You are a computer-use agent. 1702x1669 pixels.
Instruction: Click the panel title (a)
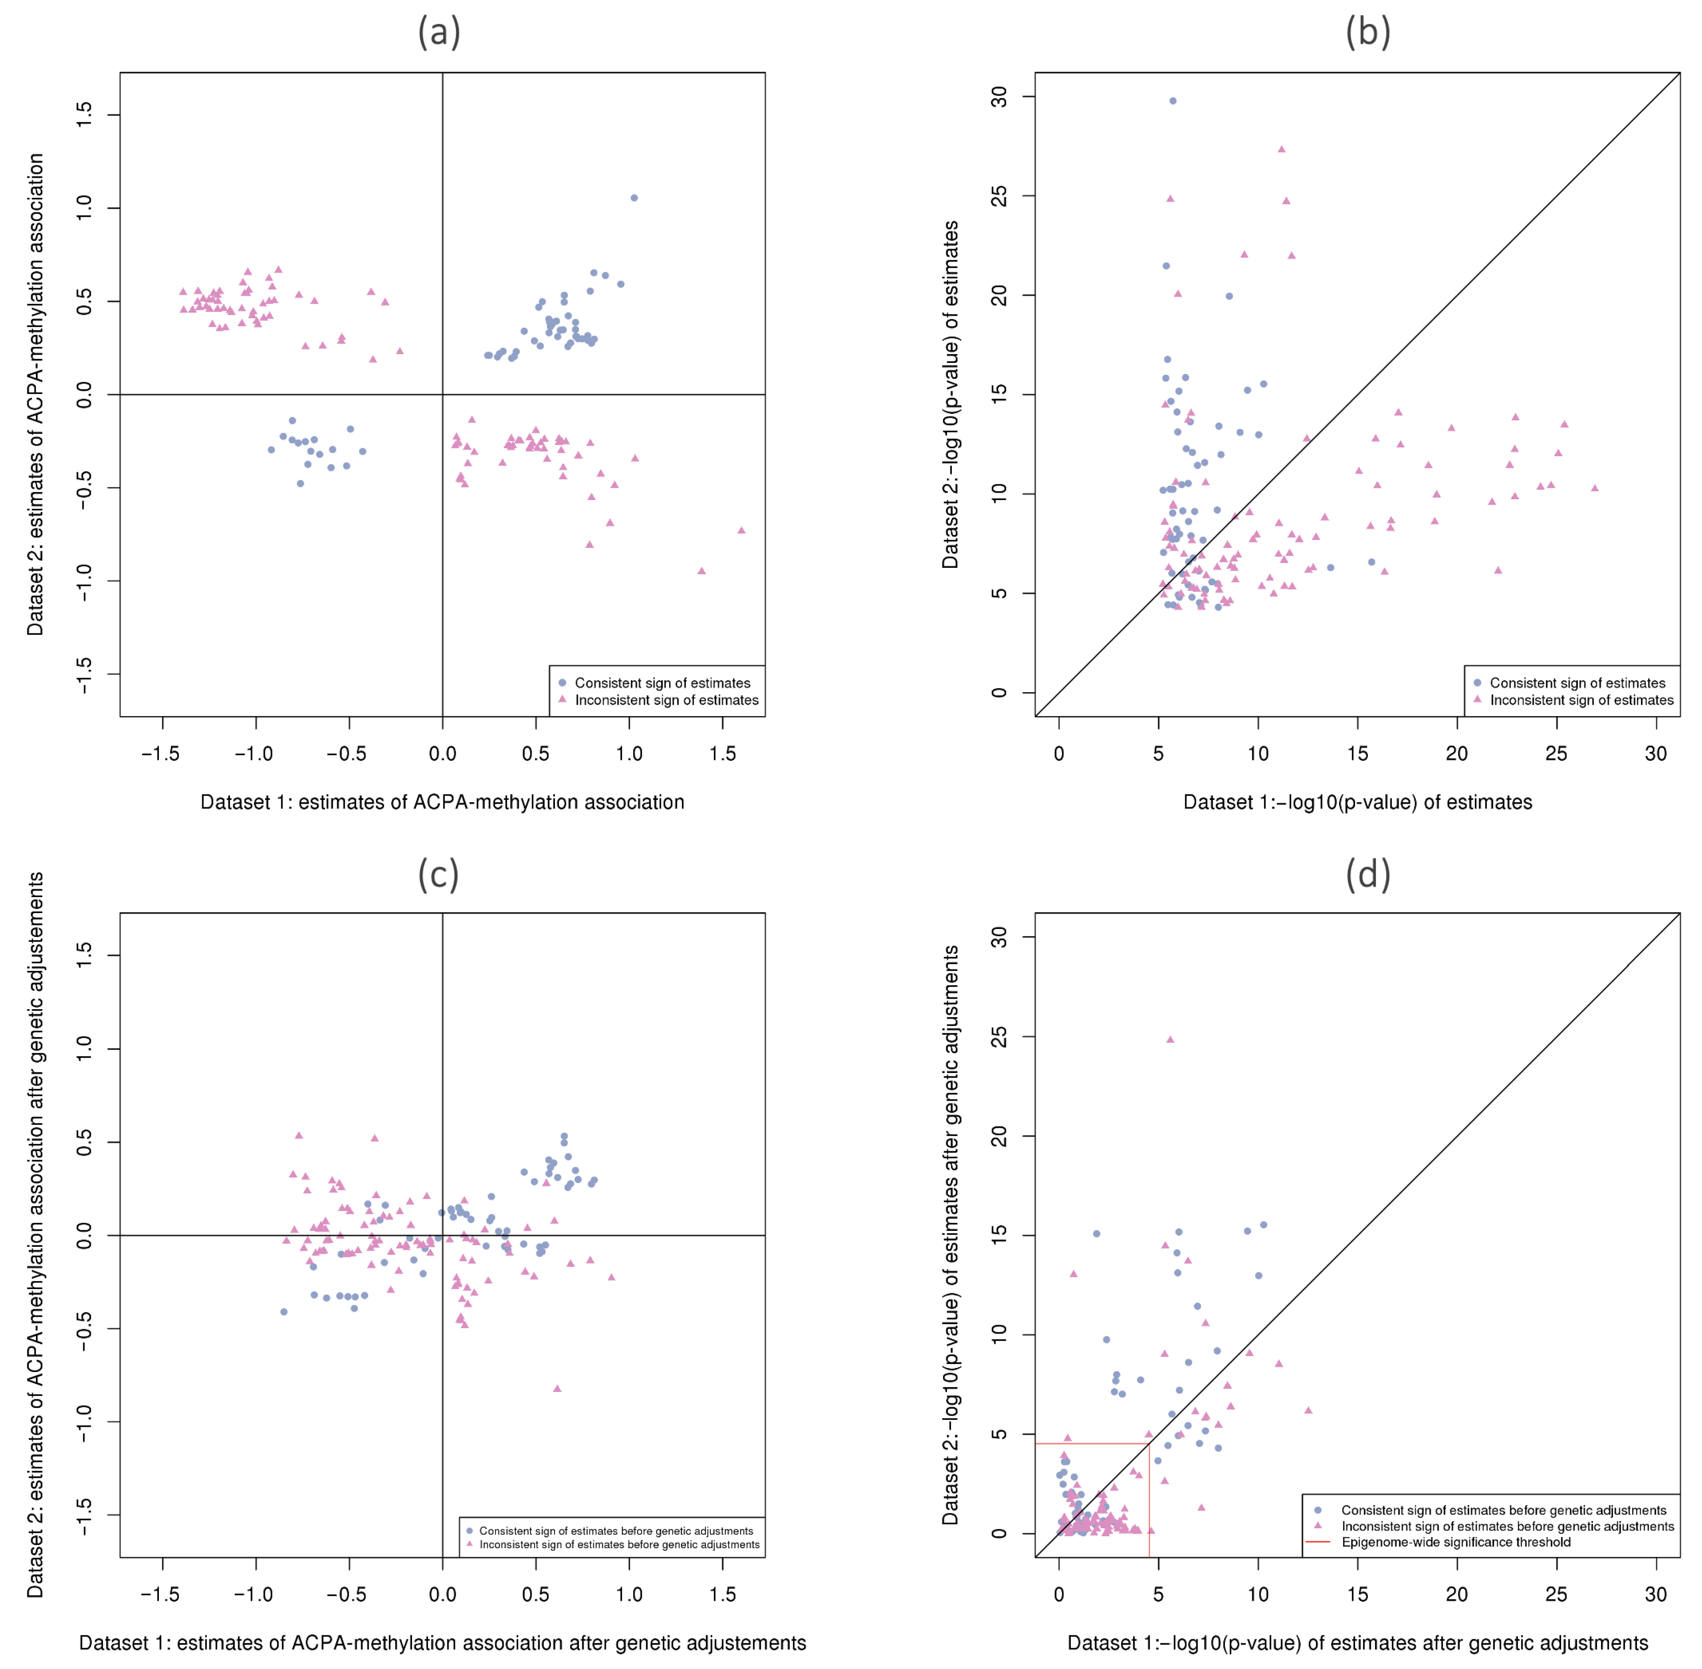[438, 32]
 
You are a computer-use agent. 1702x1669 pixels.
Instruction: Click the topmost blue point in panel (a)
[634, 198]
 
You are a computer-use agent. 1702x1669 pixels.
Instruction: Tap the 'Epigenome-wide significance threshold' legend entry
[1455, 1542]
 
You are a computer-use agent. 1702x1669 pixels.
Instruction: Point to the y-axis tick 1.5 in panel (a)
[84, 115]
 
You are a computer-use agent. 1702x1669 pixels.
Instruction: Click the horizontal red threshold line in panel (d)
[1091, 1444]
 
